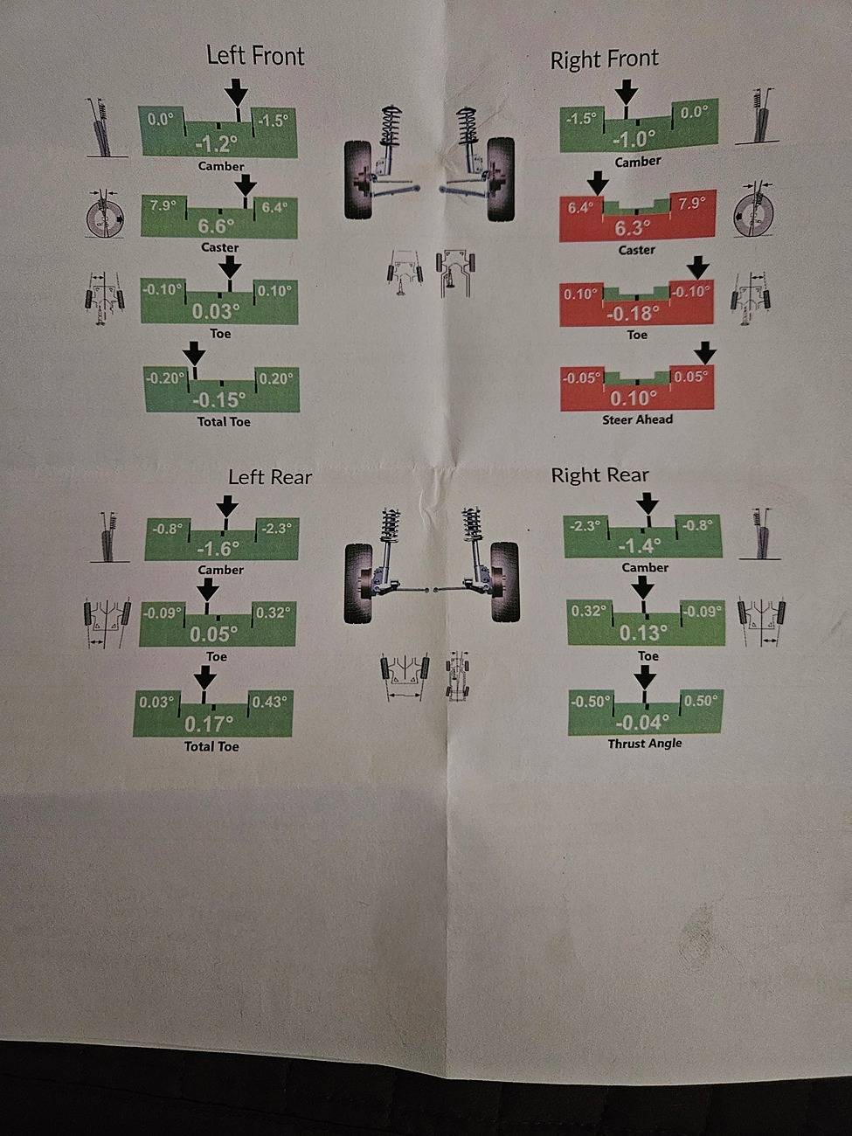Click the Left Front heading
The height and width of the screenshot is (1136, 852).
pos(255,55)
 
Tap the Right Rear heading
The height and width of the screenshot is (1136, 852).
pos(599,475)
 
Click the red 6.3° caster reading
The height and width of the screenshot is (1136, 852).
pos(633,228)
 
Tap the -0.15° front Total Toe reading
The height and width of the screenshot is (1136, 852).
pos(219,399)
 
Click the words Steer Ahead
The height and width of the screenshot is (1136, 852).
pos(637,419)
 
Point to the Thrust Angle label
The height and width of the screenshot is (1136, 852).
pos(645,744)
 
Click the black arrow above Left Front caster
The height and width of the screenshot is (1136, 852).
pos(246,184)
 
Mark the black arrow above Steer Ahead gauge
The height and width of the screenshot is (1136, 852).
pos(705,353)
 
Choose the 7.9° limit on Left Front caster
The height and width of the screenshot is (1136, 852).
pos(163,206)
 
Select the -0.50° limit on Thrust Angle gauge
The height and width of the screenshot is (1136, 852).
pos(590,702)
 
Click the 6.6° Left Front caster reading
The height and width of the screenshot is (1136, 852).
pos(216,226)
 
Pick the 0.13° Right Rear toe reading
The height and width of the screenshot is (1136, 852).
pos(640,633)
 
